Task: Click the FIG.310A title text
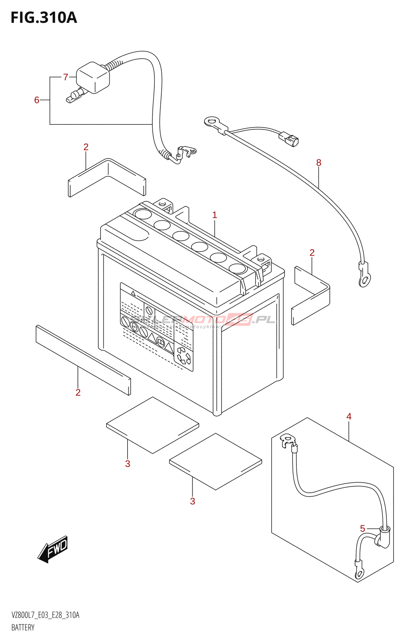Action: tap(43, 18)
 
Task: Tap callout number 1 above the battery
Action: tap(215, 215)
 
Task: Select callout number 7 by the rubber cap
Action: tap(66, 77)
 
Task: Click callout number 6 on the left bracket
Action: tap(37, 100)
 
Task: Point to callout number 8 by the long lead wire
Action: tap(319, 163)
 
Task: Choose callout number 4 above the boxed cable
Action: tap(349, 416)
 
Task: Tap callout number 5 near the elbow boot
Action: tap(362, 528)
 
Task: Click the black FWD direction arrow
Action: tap(53, 549)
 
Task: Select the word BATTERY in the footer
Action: tap(23, 628)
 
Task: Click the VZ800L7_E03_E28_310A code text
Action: tap(45, 615)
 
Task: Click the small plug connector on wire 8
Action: tap(289, 139)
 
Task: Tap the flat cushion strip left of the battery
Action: tap(83, 360)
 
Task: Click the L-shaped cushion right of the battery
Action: tap(311, 295)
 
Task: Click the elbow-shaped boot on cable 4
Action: tap(382, 538)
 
